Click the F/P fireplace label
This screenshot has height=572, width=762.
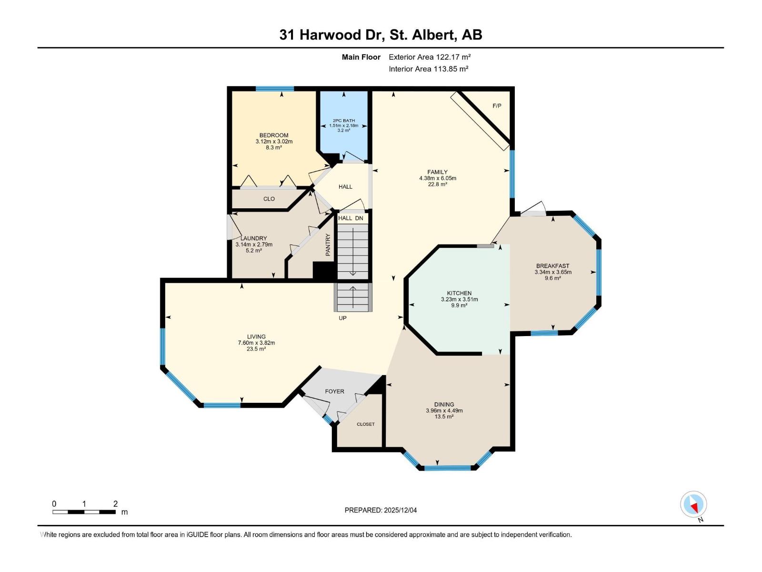(497, 106)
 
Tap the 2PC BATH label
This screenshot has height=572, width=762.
(343, 121)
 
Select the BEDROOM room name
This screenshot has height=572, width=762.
(274, 135)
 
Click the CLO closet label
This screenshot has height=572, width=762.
(269, 199)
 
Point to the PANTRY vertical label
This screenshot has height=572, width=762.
(328, 245)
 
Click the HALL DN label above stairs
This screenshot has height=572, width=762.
(351, 218)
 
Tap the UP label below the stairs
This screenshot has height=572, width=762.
(342, 318)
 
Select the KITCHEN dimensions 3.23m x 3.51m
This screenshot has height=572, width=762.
(459, 299)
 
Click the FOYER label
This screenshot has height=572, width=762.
(334, 391)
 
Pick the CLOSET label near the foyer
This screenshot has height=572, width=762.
(366, 424)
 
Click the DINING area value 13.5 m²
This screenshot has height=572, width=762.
(444, 417)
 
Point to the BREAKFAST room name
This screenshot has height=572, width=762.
(552, 266)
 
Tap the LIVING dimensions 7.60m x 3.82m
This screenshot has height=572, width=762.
(256, 343)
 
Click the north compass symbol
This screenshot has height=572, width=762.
(693, 504)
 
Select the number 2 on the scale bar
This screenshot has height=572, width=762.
(115, 504)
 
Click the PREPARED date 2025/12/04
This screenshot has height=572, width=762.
(400, 510)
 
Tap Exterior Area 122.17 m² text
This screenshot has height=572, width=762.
(430, 57)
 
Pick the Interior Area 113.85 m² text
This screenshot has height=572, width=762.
(428, 69)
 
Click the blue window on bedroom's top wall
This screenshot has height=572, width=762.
(275, 89)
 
